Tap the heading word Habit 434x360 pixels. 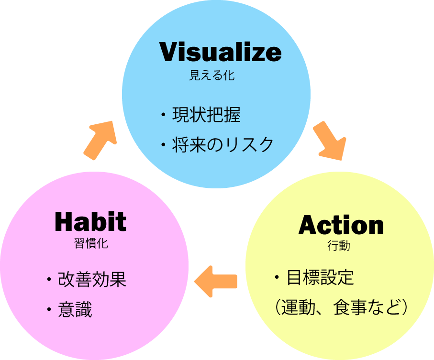click(x=90, y=221)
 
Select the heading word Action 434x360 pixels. click(x=341, y=225)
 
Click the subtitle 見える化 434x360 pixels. click(x=212, y=76)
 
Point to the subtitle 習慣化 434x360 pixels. click(x=88, y=243)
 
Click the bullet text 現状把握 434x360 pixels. click(x=206, y=115)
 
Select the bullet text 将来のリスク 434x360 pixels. click(x=223, y=144)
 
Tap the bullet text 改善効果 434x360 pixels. click(x=92, y=280)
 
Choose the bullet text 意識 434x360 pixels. click(x=75, y=310)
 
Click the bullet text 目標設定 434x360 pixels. click(x=320, y=277)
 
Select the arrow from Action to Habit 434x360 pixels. click(x=216, y=281)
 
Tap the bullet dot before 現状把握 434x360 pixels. click(x=163, y=115)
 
